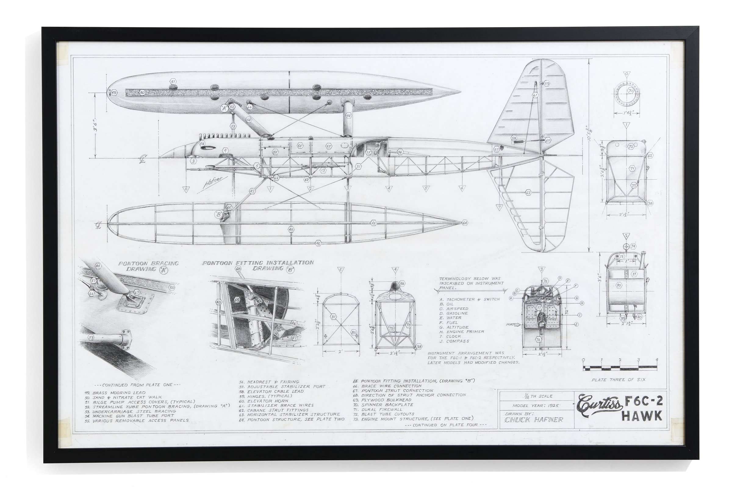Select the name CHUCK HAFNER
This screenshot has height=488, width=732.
(x=534, y=420)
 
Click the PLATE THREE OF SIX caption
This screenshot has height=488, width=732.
(x=618, y=380)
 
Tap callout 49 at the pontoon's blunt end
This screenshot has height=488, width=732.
(x=114, y=93)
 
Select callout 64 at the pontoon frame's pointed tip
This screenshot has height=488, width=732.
(x=465, y=223)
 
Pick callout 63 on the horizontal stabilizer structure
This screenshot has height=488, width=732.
(x=528, y=193)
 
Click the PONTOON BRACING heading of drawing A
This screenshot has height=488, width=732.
(x=148, y=263)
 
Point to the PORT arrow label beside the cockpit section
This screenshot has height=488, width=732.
(x=511, y=325)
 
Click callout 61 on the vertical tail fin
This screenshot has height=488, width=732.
(x=535, y=95)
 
